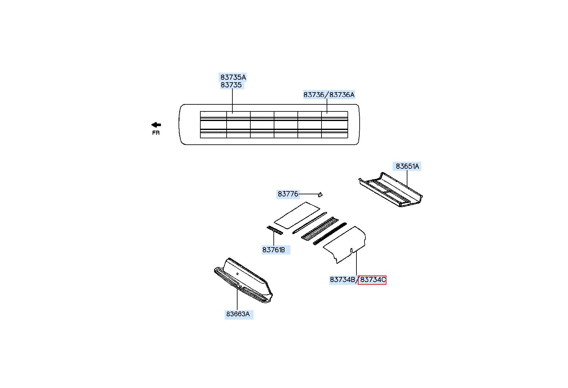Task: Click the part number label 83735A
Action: [233, 77]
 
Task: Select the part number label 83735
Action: [231, 85]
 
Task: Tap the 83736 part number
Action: [314, 95]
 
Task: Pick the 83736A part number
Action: [342, 95]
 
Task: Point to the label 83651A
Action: [407, 166]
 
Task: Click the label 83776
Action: [288, 194]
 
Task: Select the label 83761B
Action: [273, 250]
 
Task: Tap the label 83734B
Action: [342, 280]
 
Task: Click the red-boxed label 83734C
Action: [372, 280]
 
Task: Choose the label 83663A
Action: [238, 314]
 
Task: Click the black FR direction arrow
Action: [156, 125]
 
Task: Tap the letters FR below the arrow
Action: [156, 133]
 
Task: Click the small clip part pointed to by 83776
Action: [320, 194]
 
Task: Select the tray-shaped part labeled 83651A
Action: [391, 190]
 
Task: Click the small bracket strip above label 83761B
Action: [275, 230]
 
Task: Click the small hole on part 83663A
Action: [237, 274]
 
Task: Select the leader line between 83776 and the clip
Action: [308, 194]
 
